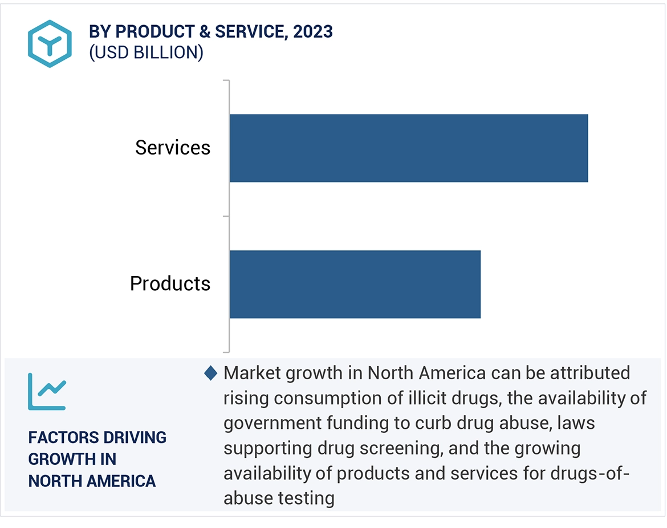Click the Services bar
[x=408, y=148]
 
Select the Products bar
[x=355, y=284]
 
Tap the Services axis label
[x=173, y=148]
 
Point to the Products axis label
[x=170, y=283]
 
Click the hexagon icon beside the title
[x=50, y=44]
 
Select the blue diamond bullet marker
[x=211, y=373]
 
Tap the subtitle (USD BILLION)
[x=146, y=52]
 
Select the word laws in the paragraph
[x=579, y=423]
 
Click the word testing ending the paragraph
[x=306, y=498]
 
